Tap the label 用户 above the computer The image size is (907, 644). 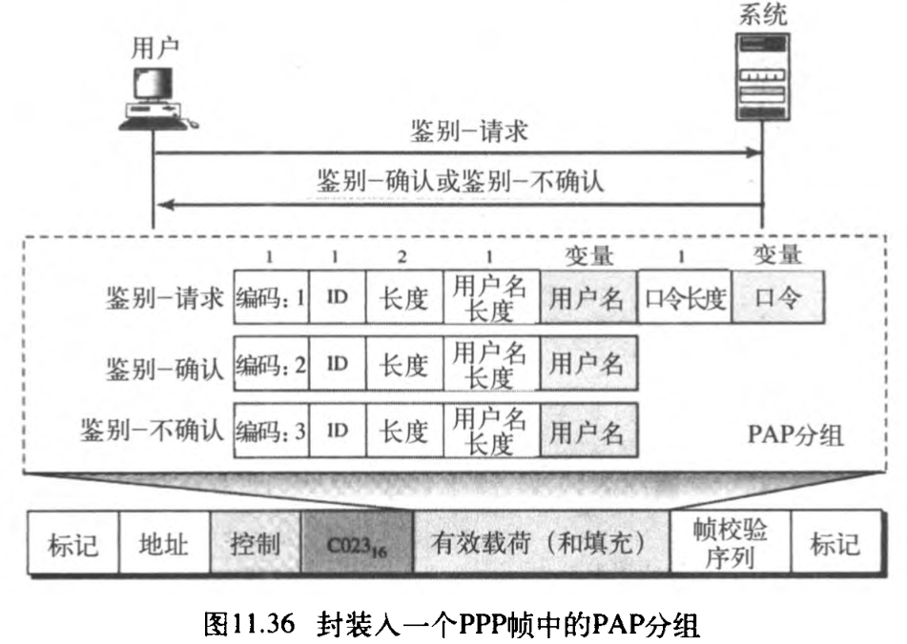[x=154, y=50]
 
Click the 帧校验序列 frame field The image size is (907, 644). [x=730, y=545]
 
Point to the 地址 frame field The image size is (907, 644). [x=163, y=545]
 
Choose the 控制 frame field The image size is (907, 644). [x=255, y=545]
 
